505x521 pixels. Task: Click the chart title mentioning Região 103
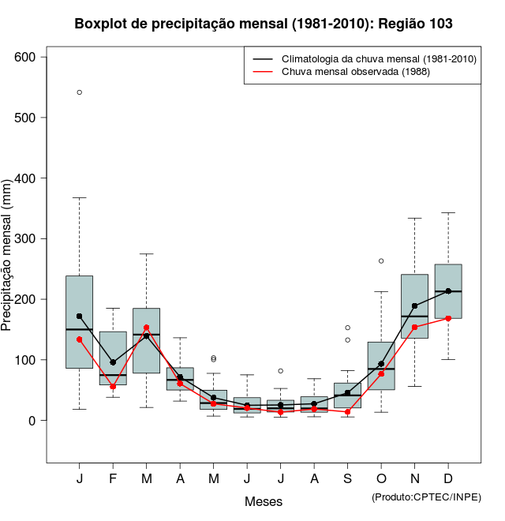(x=264, y=24)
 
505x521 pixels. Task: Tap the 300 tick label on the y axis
(x=25, y=238)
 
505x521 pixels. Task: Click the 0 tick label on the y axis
(x=32, y=420)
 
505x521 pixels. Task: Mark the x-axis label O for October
(x=381, y=480)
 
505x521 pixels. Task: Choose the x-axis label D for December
(x=448, y=480)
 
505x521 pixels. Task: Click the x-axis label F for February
(x=113, y=480)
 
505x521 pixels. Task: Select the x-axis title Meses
(x=264, y=501)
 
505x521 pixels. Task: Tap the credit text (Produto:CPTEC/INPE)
(x=426, y=497)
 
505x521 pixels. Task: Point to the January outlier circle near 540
(x=80, y=92)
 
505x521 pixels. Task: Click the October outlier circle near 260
(x=381, y=260)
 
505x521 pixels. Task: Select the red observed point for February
(x=113, y=386)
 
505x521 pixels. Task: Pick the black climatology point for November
(x=415, y=305)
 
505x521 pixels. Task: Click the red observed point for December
(x=448, y=318)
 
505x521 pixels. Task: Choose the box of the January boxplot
(x=80, y=237)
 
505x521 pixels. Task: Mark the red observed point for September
(x=348, y=411)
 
